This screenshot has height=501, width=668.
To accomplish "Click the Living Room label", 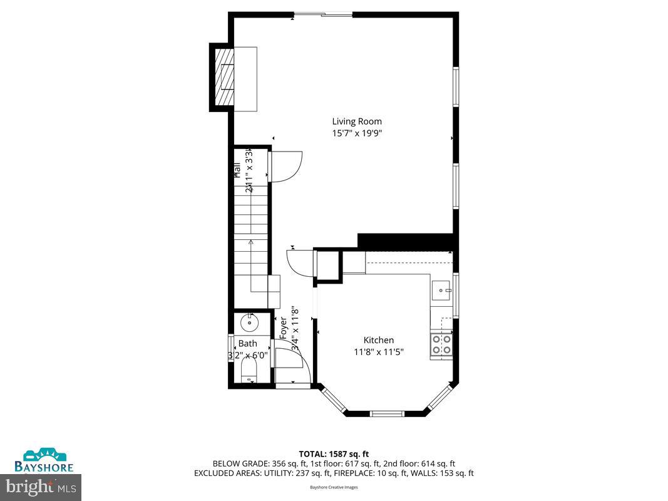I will point(356,121).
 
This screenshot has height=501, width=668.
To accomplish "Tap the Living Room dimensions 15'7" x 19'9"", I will point(356,133).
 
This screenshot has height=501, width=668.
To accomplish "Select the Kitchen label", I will point(378,340).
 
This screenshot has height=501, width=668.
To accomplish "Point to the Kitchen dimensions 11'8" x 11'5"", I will point(378,352).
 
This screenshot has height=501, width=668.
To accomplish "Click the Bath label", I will point(247,343).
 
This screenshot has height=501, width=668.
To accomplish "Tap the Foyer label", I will point(283,328).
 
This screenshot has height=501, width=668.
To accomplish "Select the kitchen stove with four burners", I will point(441,345).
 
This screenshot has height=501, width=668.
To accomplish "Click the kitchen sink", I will point(442,289).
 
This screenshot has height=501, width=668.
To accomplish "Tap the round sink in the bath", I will point(249,323).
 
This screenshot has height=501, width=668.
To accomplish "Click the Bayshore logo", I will point(44,460).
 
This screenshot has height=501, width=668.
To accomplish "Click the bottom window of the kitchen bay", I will point(385,413).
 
